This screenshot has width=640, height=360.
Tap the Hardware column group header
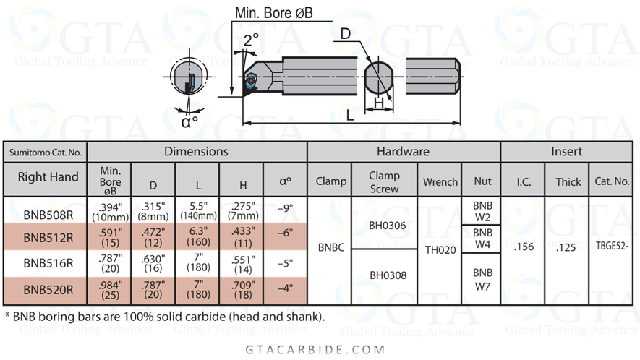(403, 152)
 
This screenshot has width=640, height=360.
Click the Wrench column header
(440, 181)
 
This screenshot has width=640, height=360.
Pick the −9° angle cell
(286, 208)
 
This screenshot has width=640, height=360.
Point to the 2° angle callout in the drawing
(251, 40)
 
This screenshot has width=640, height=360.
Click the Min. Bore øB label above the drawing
(273, 13)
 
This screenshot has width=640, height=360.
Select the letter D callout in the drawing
(345, 33)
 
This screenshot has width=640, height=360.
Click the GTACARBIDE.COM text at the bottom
(319, 349)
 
